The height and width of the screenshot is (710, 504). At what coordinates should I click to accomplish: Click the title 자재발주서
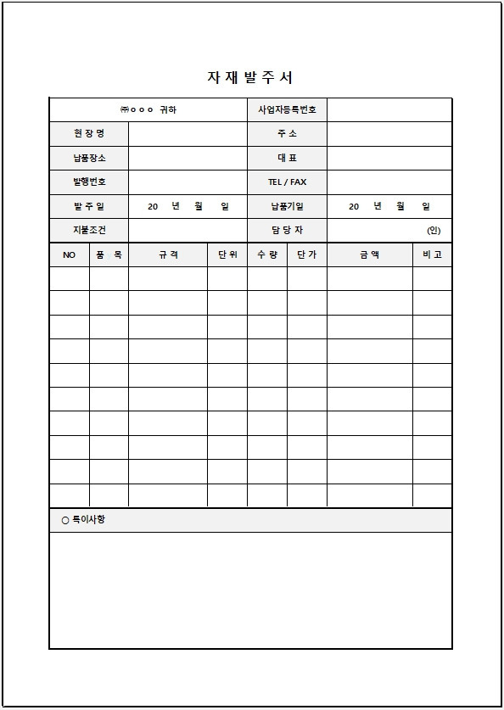tap(250, 77)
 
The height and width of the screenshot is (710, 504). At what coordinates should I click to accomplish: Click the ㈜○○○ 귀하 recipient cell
tap(148, 110)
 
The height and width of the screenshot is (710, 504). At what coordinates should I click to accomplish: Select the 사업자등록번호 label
tap(287, 110)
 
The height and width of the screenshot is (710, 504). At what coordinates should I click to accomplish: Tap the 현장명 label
tap(89, 134)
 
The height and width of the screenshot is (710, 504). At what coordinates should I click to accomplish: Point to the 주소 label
tap(287, 134)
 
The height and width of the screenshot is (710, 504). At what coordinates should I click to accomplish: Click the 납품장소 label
tap(89, 158)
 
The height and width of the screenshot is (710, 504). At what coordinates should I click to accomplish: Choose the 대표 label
tap(287, 158)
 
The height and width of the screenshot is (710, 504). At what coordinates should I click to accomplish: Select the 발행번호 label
tap(89, 182)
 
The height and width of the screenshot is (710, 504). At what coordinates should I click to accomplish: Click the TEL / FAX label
tap(287, 182)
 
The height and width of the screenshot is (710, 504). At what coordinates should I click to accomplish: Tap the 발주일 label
tap(89, 206)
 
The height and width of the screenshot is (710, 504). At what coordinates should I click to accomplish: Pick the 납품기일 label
tap(287, 206)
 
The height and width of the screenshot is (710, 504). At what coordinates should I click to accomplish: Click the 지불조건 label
tap(89, 230)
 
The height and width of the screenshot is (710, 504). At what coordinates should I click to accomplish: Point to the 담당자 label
tap(287, 230)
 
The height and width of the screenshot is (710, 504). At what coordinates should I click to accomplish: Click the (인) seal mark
tap(434, 231)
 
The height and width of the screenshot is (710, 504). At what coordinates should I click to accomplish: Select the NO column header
tap(70, 254)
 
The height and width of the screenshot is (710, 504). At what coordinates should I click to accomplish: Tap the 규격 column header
tap(168, 254)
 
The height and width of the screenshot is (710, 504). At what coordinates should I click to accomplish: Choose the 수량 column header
tap(266, 254)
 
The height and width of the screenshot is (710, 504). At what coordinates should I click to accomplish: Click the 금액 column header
tap(369, 254)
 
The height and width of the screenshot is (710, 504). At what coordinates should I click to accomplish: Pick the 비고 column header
tap(432, 254)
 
